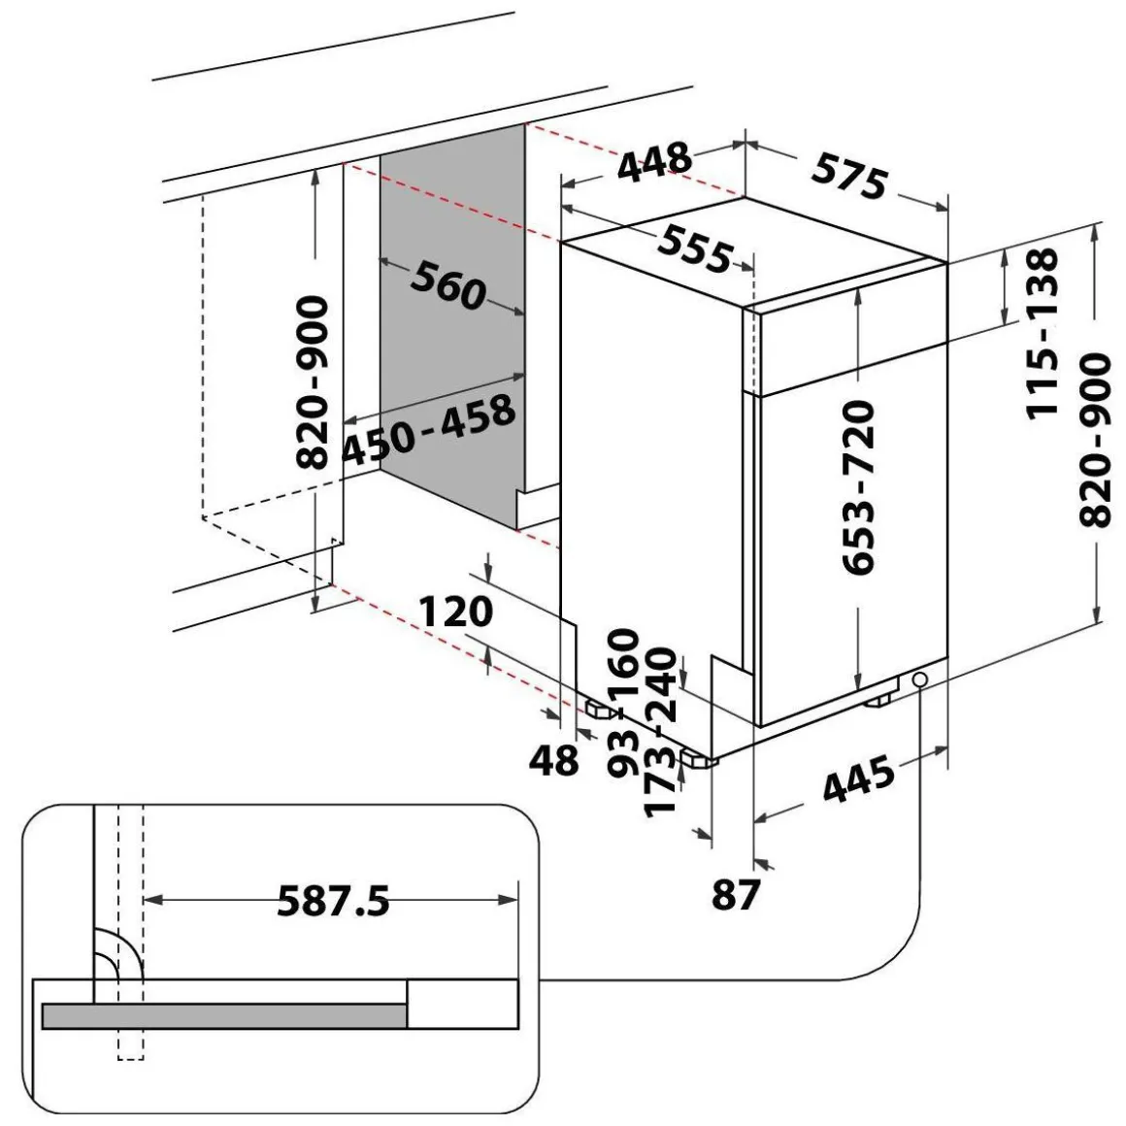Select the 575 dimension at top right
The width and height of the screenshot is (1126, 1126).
850,177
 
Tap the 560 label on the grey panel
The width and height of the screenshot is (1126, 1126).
447,285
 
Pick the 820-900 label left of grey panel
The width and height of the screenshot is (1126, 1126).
315,382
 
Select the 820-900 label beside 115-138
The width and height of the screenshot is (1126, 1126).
1096,440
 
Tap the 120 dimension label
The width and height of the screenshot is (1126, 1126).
456,612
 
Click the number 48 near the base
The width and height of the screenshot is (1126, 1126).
554,760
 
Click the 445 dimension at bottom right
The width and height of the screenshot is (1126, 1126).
858,781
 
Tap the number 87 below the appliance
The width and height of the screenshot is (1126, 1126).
735,894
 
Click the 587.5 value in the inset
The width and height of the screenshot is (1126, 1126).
333,901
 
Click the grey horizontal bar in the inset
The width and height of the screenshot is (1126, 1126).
223,1014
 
